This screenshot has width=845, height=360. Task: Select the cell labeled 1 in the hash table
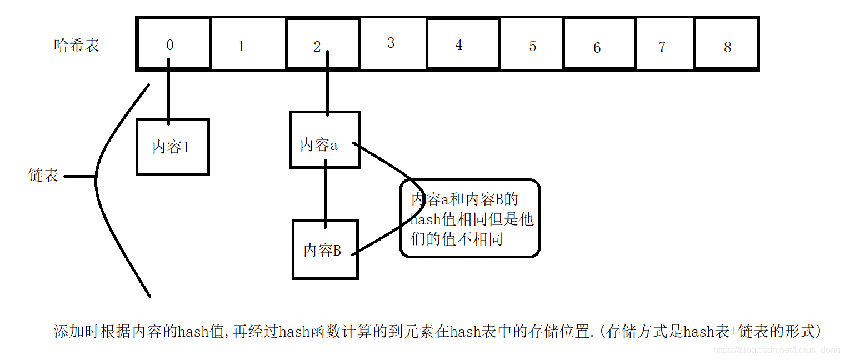click(x=248, y=44)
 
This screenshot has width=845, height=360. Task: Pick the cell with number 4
click(x=463, y=44)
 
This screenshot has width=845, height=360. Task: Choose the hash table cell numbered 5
click(x=532, y=44)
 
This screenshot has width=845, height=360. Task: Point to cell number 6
click(x=599, y=44)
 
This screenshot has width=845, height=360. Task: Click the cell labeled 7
click(x=664, y=44)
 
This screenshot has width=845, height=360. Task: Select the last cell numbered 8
click(x=726, y=44)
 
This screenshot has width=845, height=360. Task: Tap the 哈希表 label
click(x=77, y=45)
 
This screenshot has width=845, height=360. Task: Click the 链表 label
click(x=43, y=176)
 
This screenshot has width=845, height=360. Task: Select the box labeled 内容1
click(x=172, y=147)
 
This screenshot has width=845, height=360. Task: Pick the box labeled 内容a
click(x=324, y=140)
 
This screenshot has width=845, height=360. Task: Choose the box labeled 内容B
click(x=325, y=249)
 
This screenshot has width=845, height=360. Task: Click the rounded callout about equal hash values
click(x=470, y=218)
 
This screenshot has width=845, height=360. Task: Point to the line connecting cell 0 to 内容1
click(x=168, y=94)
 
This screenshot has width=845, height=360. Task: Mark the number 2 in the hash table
click(x=317, y=47)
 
